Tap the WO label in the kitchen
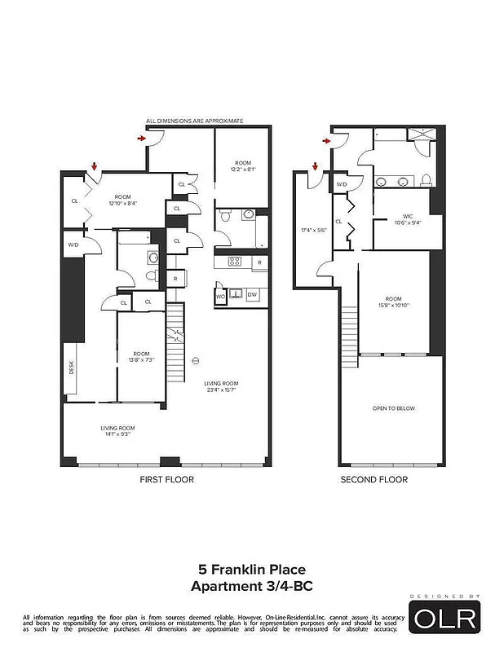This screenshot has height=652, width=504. point(220,296)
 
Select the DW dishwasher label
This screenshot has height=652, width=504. point(252,295)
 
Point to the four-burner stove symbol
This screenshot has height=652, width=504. point(234,262)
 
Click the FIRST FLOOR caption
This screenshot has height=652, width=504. point(167,480)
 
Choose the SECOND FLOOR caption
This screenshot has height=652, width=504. point(374,480)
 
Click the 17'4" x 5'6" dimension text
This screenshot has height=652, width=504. point(314,230)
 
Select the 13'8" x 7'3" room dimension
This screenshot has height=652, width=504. point(142,359)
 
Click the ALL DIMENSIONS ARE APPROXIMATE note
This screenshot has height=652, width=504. point(194,121)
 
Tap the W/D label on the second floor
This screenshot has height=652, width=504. point(342,185)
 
